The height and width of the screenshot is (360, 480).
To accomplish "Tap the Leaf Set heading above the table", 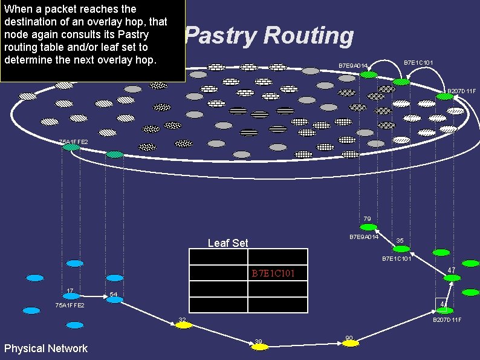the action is click(228, 243).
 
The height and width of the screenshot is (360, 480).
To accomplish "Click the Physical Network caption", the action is click(46, 348).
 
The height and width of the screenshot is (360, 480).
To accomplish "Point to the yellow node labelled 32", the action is click(183, 325).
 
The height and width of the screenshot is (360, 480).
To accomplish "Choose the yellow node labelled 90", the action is click(351, 343).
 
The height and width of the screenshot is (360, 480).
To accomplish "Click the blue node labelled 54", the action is click(114, 299).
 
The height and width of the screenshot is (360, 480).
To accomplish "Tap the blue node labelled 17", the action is click(71, 296).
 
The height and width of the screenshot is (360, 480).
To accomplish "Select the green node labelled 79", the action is click(368, 227).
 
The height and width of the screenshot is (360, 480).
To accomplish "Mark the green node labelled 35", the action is click(401, 249).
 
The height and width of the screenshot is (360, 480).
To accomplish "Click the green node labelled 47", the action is click(452, 278).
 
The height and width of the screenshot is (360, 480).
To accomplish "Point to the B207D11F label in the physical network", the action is click(447, 319).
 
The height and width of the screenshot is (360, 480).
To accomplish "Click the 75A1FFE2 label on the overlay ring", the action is click(73, 142).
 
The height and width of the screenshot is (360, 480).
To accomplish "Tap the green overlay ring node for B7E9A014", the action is click(369, 74).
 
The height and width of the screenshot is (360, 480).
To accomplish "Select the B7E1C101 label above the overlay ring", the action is click(418, 62).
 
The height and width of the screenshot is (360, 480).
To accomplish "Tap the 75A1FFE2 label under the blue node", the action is click(70, 306).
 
